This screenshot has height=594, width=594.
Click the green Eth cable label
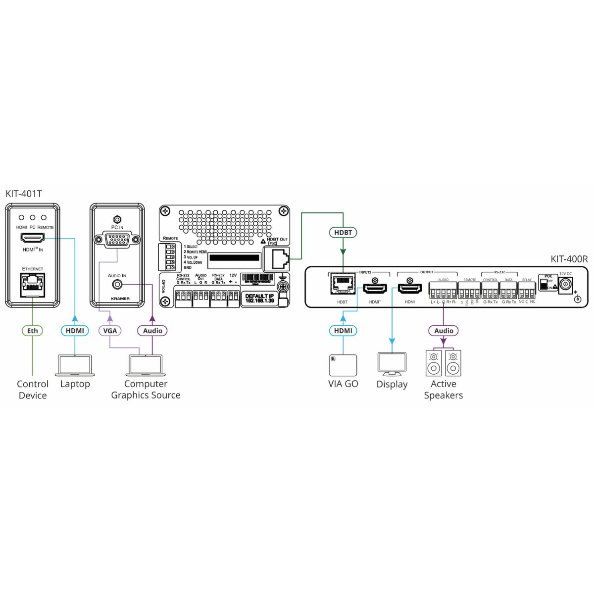click(x=32, y=331)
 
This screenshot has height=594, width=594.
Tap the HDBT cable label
click(x=343, y=232)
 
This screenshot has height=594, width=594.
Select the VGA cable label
click(x=110, y=331)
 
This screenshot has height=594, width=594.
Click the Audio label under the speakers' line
click(x=444, y=331)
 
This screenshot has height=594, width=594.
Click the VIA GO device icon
click(x=343, y=365)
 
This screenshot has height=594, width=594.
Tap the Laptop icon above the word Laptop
click(x=75, y=365)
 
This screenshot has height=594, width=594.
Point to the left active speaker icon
click(x=434, y=363)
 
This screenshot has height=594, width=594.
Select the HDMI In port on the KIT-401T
click(x=32, y=239)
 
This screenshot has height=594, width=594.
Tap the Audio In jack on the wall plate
click(x=117, y=285)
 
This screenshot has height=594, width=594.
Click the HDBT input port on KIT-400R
click(x=342, y=284)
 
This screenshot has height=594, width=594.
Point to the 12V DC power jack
click(x=565, y=286)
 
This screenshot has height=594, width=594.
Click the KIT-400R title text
click(x=569, y=259)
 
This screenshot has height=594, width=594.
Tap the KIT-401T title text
click(x=24, y=194)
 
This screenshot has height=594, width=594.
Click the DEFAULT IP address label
click(x=260, y=298)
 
